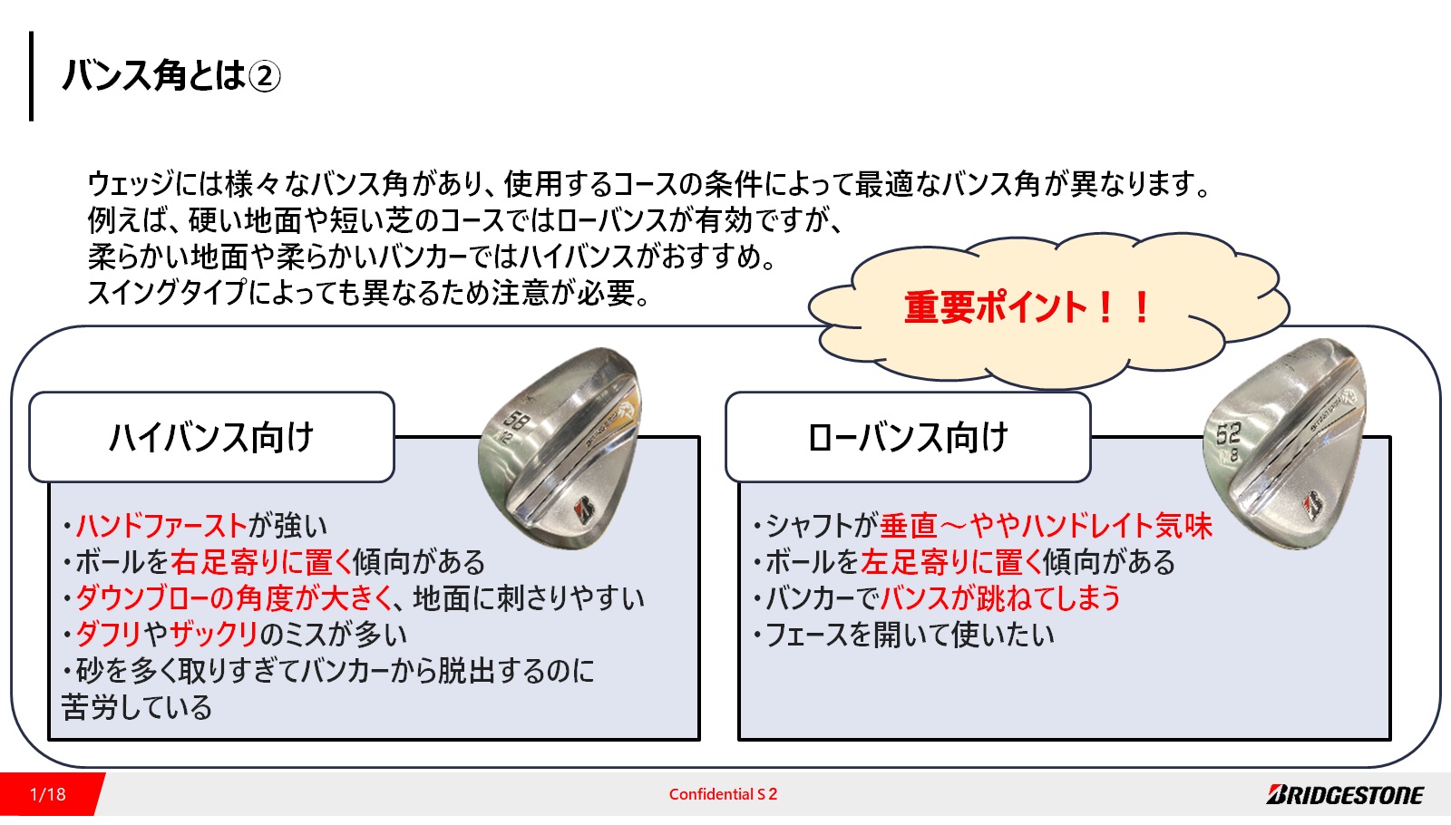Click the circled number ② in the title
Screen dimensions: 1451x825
[x=264, y=76]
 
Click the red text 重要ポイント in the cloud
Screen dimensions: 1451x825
[x=995, y=307]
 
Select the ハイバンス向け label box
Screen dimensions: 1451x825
[x=212, y=437]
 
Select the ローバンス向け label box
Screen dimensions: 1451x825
[x=908, y=437]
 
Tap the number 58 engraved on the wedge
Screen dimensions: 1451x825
[x=516, y=421]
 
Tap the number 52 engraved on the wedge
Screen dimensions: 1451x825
[x=1228, y=434]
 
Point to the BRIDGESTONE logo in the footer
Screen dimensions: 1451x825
[x=1346, y=794]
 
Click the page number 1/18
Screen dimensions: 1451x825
[x=48, y=794]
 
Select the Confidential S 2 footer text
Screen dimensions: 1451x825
[x=723, y=794]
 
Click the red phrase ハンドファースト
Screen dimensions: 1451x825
[x=162, y=525]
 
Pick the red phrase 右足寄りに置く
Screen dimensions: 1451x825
[x=261, y=561]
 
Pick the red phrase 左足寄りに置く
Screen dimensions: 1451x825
[x=951, y=561]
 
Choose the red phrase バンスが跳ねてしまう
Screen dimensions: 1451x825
[x=1000, y=597]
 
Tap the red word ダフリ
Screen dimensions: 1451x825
[x=108, y=634]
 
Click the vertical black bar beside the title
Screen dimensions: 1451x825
[x=31, y=76]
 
